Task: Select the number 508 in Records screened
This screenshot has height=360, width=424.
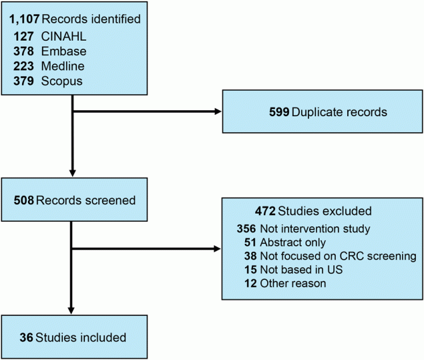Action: pyautogui.click(x=24, y=200)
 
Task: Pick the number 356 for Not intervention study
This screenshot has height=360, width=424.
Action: pyautogui.click(x=246, y=229)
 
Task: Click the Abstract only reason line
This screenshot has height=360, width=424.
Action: pyautogui.click(x=286, y=242)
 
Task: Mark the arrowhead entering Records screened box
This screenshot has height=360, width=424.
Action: pyautogui.click(x=71, y=172)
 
